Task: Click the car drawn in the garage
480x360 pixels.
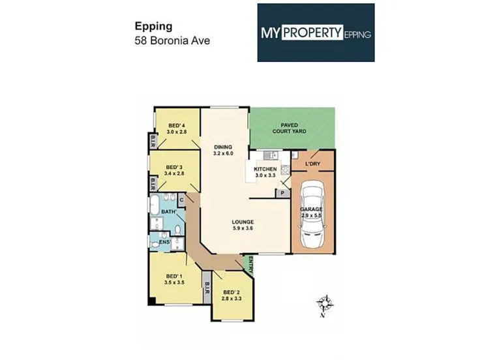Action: [312, 214]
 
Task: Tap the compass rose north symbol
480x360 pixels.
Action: [325, 305]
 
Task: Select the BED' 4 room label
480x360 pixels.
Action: [177, 125]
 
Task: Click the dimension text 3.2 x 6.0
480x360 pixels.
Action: [223, 153]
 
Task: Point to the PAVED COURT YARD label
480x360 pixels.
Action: [290, 128]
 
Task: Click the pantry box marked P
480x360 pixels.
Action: [282, 193]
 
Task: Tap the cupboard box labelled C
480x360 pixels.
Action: [181, 200]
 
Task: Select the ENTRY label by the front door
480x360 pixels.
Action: [250, 265]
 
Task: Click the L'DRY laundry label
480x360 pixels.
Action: [312, 164]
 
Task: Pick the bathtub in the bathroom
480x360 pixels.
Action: [154, 205]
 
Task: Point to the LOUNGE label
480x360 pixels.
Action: [243, 222]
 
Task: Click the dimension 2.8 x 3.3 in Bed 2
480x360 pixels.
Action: [232, 298]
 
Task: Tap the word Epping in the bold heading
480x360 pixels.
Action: [154, 27]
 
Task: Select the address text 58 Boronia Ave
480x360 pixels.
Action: [172, 40]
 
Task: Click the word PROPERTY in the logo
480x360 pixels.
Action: [312, 32]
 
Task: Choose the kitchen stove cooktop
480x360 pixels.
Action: [285, 170]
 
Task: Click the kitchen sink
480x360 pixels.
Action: [271, 155]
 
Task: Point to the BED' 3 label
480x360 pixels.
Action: [174, 167]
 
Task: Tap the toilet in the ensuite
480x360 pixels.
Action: [155, 245]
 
